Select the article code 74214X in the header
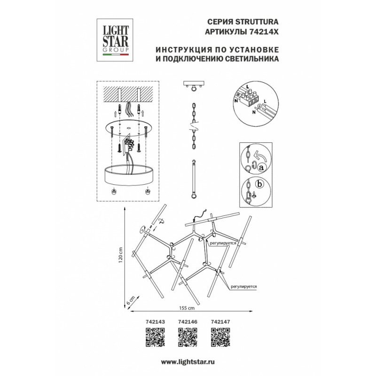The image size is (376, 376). pyautogui.click(x=263, y=31)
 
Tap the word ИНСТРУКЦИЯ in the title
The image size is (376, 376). pyautogui.click(x=179, y=50)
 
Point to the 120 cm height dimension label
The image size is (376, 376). pyautogui.click(x=120, y=256)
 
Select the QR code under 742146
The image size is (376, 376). pyautogui.click(x=188, y=337)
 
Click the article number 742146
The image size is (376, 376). pyautogui.click(x=187, y=322)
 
